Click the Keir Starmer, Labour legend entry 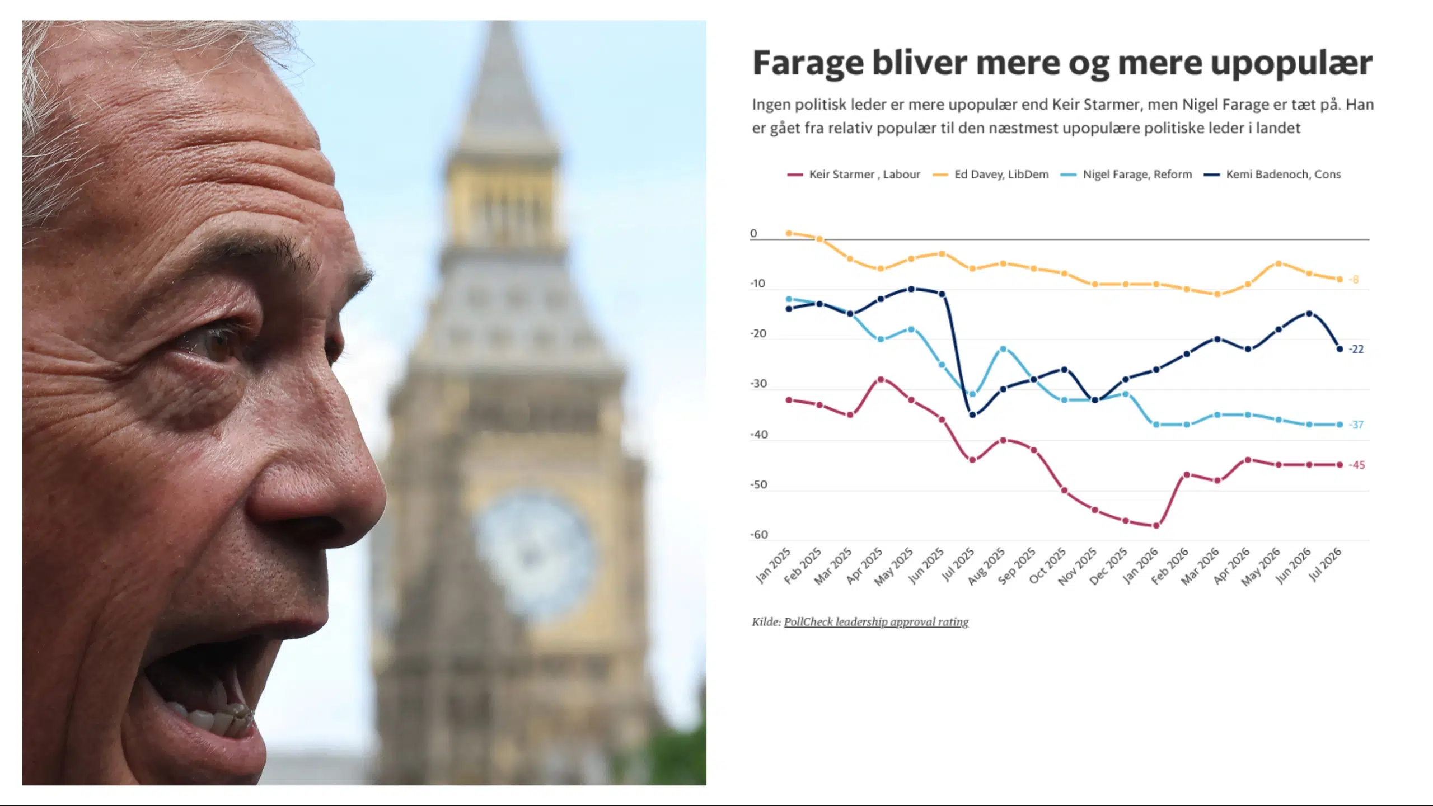coord(854,175)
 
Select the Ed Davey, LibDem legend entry coord(990,175)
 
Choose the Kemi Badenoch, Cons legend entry coord(1272,175)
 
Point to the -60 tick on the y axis coord(759,535)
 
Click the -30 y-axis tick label coord(758,384)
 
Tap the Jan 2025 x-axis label coord(773,565)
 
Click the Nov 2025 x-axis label coord(1078,567)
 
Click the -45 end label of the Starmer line coord(1357,465)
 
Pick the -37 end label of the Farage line coord(1356,425)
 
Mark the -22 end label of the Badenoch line coord(1356,349)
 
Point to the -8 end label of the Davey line coord(1354,280)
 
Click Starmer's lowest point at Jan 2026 coord(1156,526)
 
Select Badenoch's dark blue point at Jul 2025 coord(972,415)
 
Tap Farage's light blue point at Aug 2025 coord(1003,349)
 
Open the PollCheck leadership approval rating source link coord(876,622)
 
